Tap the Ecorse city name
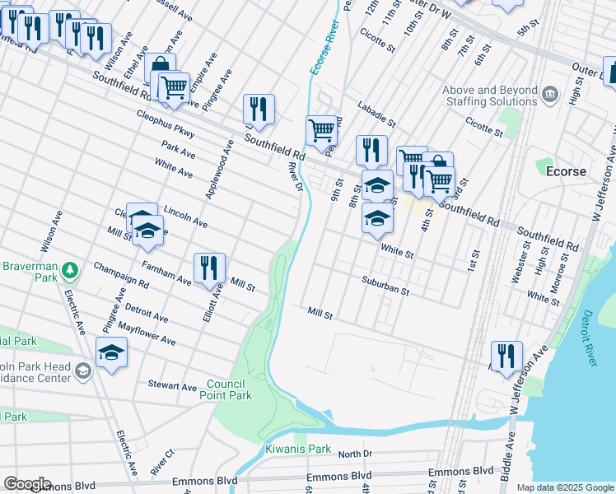pyautogui.click(x=567, y=171)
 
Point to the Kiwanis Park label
pyautogui.click(x=298, y=450)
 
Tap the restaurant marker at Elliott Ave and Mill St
pyautogui.click(x=209, y=266)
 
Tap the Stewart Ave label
pyautogui.click(x=172, y=385)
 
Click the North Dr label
pyautogui.click(x=355, y=454)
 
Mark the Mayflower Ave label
pyautogui.click(x=147, y=333)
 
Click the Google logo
pyautogui.click(x=27, y=484)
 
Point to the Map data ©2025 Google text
pyautogui.click(x=565, y=487)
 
